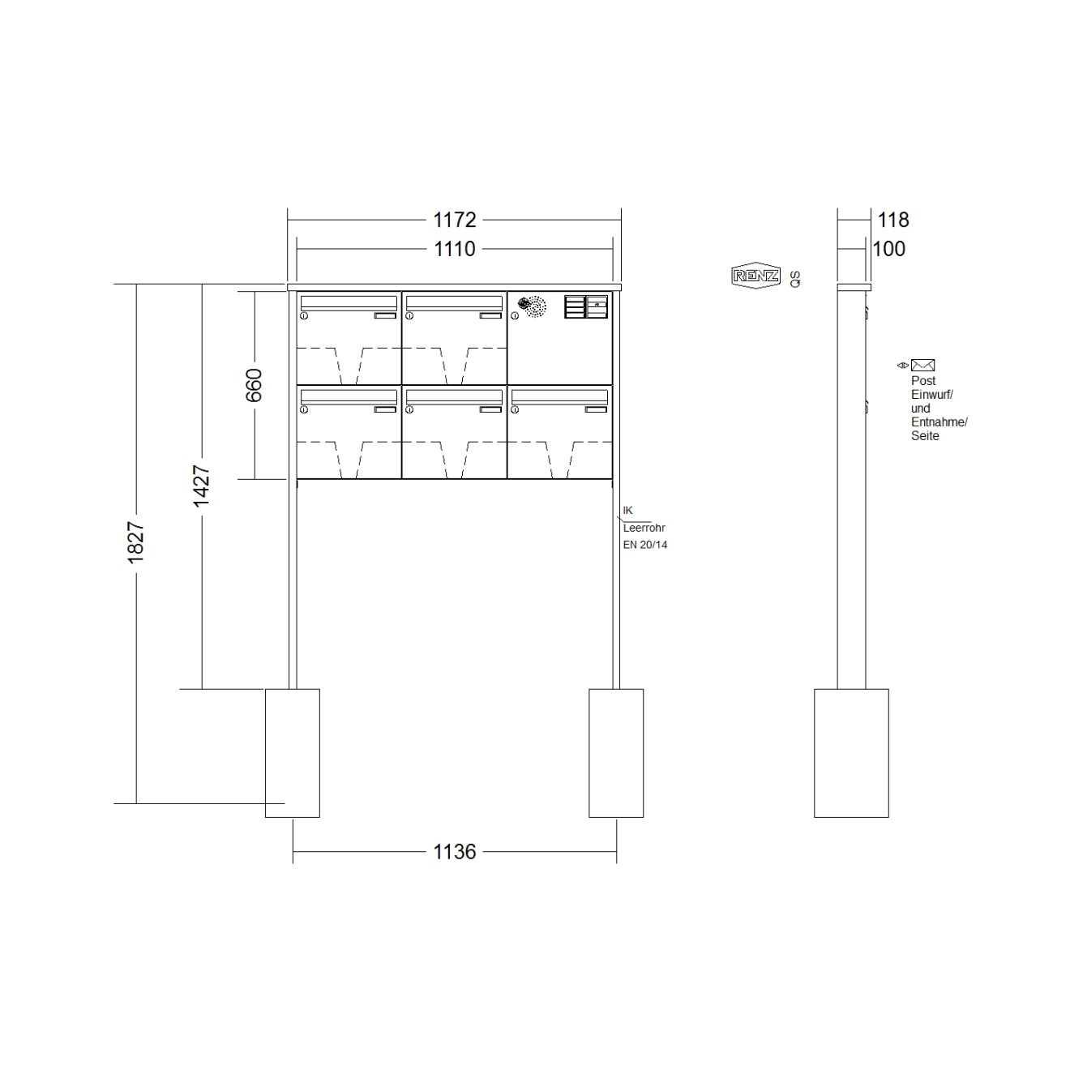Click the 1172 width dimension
[454, 220]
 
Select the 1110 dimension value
[454, 249]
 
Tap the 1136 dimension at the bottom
[454, 851]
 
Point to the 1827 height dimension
[136, 542]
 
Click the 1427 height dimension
[202, 486]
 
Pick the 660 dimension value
[254, 385]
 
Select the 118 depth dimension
[892, 220]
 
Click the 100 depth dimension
[888, 249]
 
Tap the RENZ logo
[755, 275]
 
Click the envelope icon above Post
[922, 365]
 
